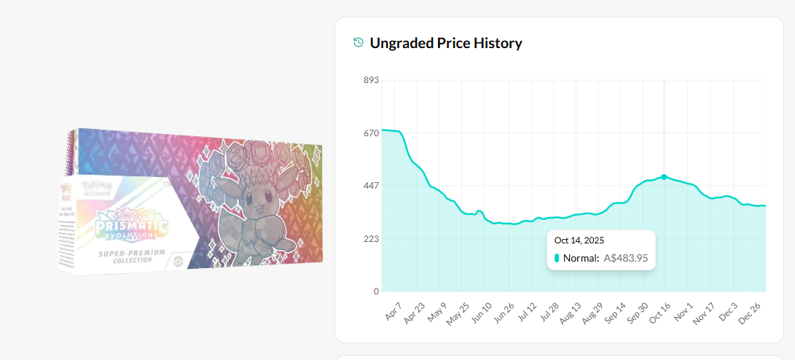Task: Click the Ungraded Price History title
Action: tap(446, 43)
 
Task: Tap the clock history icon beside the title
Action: tap(358, 42)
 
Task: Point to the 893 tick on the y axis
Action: tap(371, 80)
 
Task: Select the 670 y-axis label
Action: tap(371, 133)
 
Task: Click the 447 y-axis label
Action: tap(371, 186)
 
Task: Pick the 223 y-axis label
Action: tap(371, 239)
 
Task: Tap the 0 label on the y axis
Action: tap(376, 291)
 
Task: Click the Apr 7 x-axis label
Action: tap(392, 311)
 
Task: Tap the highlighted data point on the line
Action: tap(664, 177)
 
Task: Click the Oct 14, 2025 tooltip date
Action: tap(579, 240)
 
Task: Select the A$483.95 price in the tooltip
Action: tap(626, 258)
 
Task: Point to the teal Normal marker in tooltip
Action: tap(557, 258)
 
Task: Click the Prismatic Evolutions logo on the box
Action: tap(132, 222)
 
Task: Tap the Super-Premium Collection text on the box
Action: tap(131, 256)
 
